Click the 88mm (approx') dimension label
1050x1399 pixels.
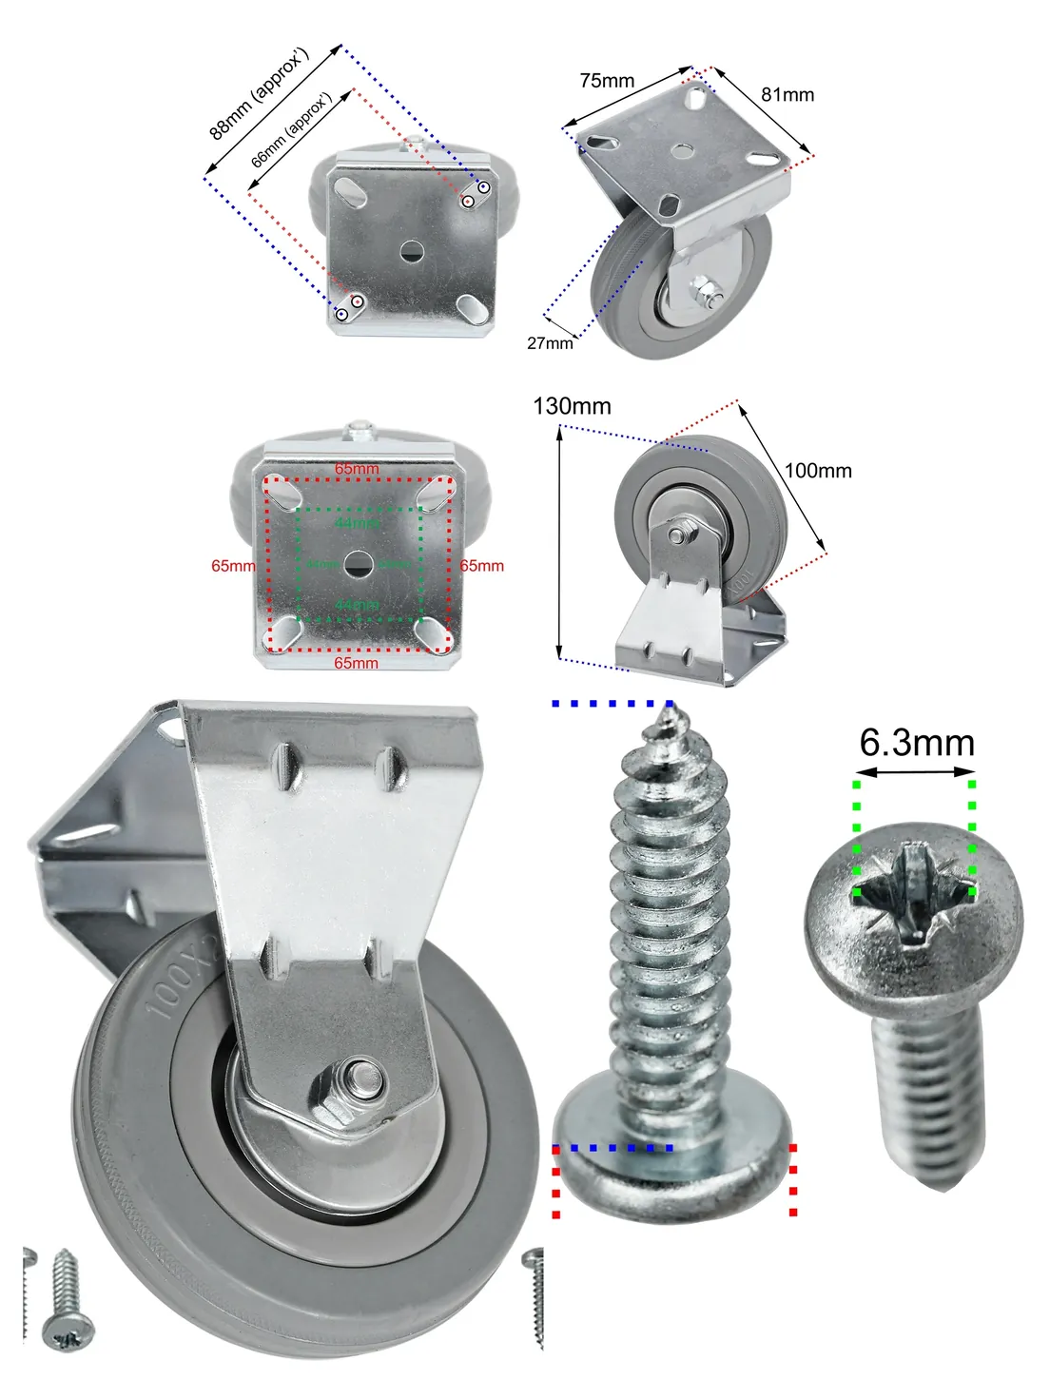[x=260, y=93]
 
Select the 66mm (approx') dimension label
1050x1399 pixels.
[x=291, y=130]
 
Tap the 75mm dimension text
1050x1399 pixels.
[x=607, y=81]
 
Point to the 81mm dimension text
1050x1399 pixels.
[x=787, y=94]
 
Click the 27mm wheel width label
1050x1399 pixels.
[x=550, y=342]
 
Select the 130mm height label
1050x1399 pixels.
[x=572, y=406]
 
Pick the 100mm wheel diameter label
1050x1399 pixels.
[x=818, y=471]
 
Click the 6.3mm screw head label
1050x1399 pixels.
[x=917, y=743]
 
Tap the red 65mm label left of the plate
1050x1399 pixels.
[x=233, y=566]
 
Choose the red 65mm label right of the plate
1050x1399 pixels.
[x=482, y=566]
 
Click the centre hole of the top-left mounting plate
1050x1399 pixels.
[x=411, y=252]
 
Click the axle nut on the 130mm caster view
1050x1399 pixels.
[x=676, y=535]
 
